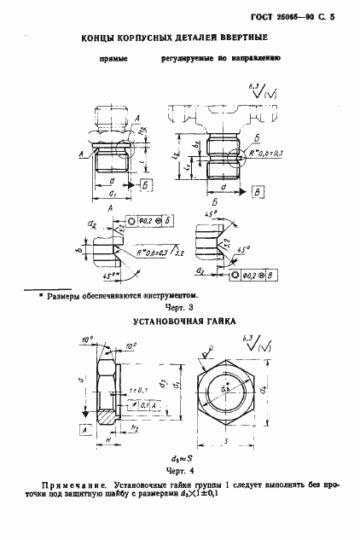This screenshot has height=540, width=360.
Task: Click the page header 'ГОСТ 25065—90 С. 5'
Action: pyautogui.click(x=298, y=15)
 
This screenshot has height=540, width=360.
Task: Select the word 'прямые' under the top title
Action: pyautogui.click(x=113, y=61)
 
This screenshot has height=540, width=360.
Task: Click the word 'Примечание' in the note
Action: pyautogui.click(x=74, y=482)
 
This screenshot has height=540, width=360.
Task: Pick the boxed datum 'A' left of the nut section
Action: pyautogui.click(x=86, y=432)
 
